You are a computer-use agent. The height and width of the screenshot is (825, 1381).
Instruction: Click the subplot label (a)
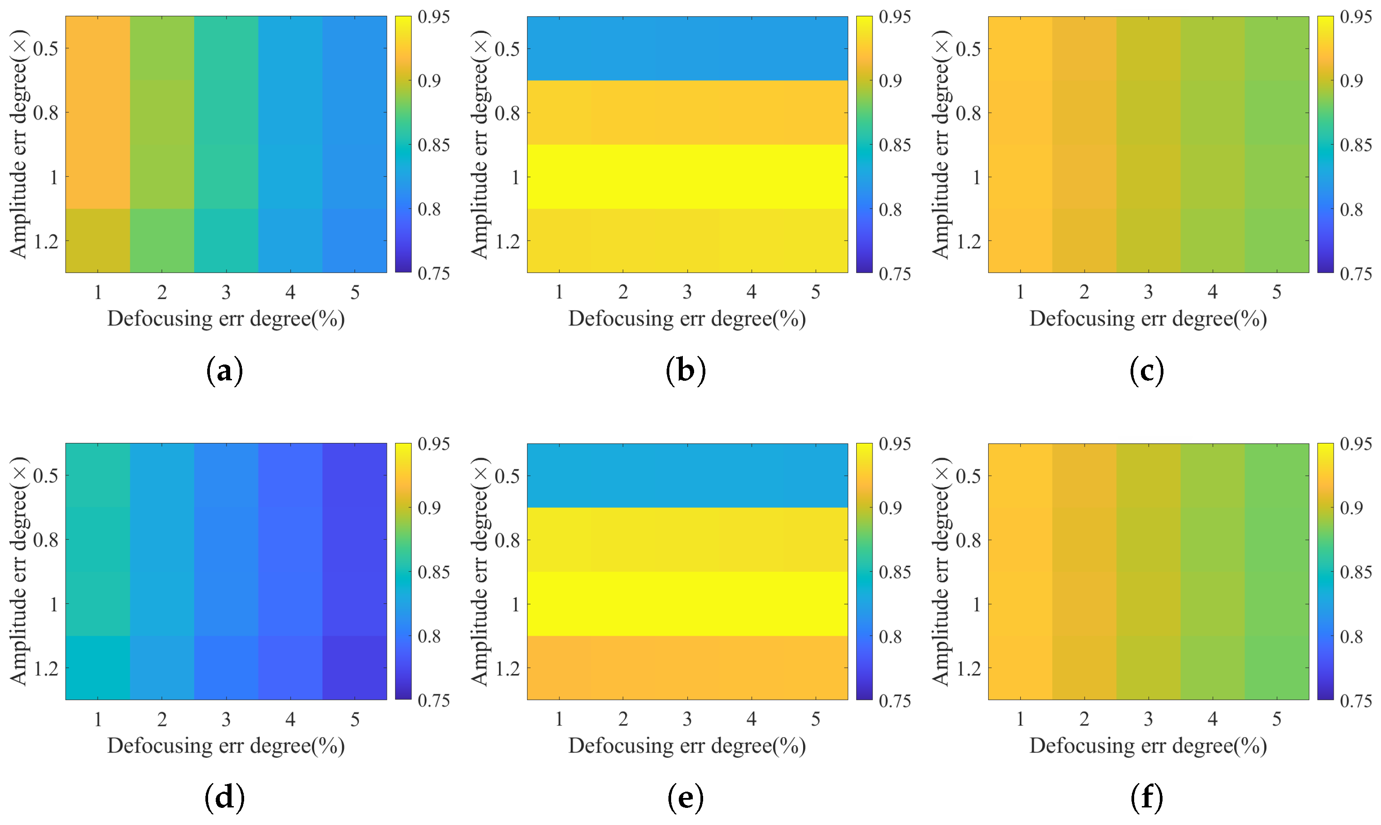coord(224,371)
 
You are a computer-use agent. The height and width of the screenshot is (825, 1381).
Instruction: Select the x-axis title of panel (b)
coord(687,319)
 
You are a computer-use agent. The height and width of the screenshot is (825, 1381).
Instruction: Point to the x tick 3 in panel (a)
coord(226,292)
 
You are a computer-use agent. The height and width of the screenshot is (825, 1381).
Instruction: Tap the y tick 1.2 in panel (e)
coord(507,668)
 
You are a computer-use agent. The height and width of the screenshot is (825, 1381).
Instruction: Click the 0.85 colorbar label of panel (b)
coord(894,145)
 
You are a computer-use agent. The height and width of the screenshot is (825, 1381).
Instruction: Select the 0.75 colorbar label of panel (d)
coord(433,701)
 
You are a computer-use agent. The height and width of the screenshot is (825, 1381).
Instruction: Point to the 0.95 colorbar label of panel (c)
coord(1355,17)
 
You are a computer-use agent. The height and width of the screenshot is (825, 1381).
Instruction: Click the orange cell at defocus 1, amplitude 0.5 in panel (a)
coord(98,48)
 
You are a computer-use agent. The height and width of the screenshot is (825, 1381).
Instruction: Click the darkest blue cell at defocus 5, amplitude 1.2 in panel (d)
coord(354,667)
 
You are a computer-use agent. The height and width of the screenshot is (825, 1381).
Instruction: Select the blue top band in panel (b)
coord(687,48)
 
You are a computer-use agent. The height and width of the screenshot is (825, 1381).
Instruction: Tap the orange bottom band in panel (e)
coord(687,667)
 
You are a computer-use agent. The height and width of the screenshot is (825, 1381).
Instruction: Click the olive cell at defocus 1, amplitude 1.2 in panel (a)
coord(98,240)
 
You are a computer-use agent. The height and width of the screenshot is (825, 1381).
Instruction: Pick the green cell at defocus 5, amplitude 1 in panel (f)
coord(1277,603)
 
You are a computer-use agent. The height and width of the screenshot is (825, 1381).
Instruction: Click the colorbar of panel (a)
coord(403,145)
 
